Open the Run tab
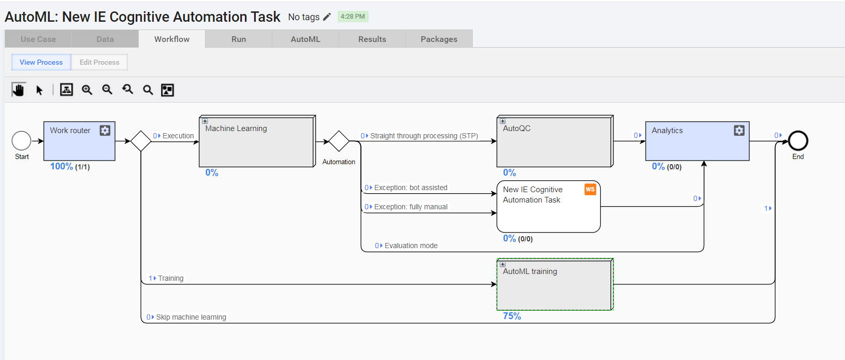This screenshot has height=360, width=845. [238, 39]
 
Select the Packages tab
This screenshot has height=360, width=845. [439, 39]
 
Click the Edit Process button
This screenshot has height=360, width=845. [99, 62]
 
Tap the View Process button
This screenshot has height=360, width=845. [41, 62]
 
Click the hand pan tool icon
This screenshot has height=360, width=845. [19, 90]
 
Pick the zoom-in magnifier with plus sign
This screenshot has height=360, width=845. [87, 90]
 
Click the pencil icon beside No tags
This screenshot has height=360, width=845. [327, 17]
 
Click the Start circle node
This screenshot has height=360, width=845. [22, 141]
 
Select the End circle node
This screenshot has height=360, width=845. [798, 141]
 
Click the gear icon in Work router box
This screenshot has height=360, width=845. [105, 131]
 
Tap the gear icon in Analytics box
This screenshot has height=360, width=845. [739, 131]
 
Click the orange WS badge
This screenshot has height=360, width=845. [590, 189]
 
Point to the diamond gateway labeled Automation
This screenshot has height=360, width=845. [339, 141]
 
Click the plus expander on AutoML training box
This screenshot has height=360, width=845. [502, 264]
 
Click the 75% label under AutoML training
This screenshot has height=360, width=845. [512, 316]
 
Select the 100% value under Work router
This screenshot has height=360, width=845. [62, 166]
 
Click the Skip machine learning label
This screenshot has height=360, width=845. [191, 317]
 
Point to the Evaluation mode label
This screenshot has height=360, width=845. [411, 246]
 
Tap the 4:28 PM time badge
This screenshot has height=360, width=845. [353, 17]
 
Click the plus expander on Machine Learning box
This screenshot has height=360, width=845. [205, 121]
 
